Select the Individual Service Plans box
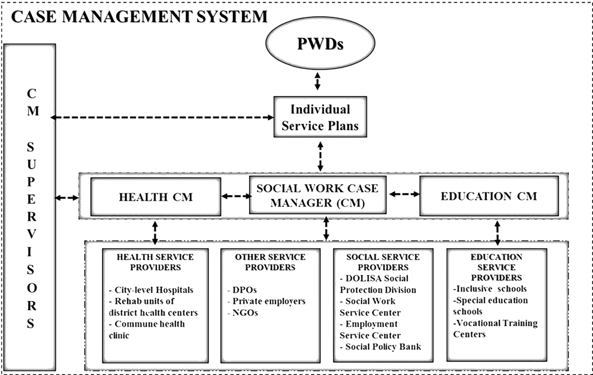tap(320, 117)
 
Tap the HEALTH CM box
tap(156, 197)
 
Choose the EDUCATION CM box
tap(489, 196)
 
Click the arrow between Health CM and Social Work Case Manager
tap(235, 196)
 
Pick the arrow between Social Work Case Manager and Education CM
tap(403, 194)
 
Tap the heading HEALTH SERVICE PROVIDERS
tap(155, 262)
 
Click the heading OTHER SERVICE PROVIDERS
tap(270, 262)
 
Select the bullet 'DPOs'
tap(242, 290)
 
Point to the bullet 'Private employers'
tap(266, 301)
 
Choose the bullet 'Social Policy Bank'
tap(381, 347)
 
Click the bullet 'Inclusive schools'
tap(490, 289)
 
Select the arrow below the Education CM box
tap(497, 233)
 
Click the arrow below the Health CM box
tap(155, 233)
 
